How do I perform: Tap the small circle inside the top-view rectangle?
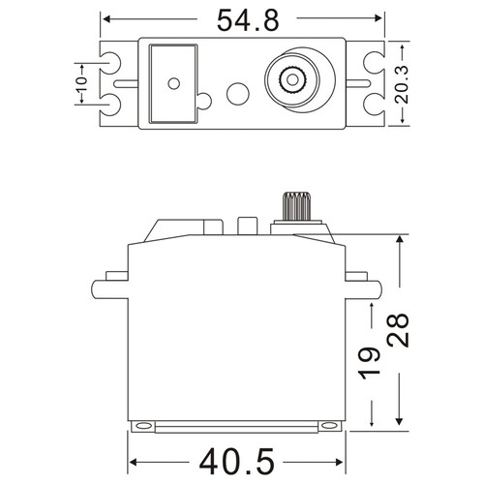(173, 83)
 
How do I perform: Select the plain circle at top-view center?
(236, 95)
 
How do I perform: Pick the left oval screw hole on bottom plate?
(142, 425)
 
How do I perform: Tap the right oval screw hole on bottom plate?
(329, 425)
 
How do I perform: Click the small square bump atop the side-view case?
(247, 227)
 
